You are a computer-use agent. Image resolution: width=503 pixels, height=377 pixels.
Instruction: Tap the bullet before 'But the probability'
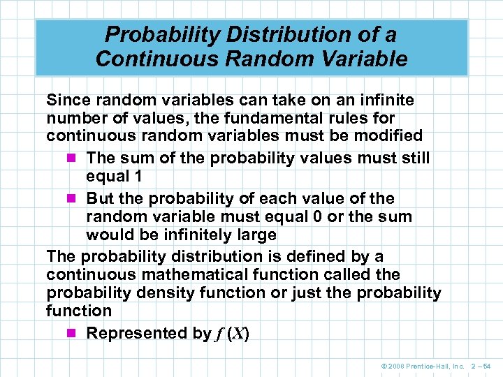(75, 199)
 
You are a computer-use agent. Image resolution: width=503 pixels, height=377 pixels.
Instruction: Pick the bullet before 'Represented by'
(75, 334)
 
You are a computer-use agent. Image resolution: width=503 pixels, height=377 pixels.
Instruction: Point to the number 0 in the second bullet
(316, 216)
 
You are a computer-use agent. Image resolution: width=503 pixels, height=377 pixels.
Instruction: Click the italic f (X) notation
(232, 334)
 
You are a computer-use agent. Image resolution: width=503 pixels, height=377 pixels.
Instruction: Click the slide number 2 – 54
(481, 366)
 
